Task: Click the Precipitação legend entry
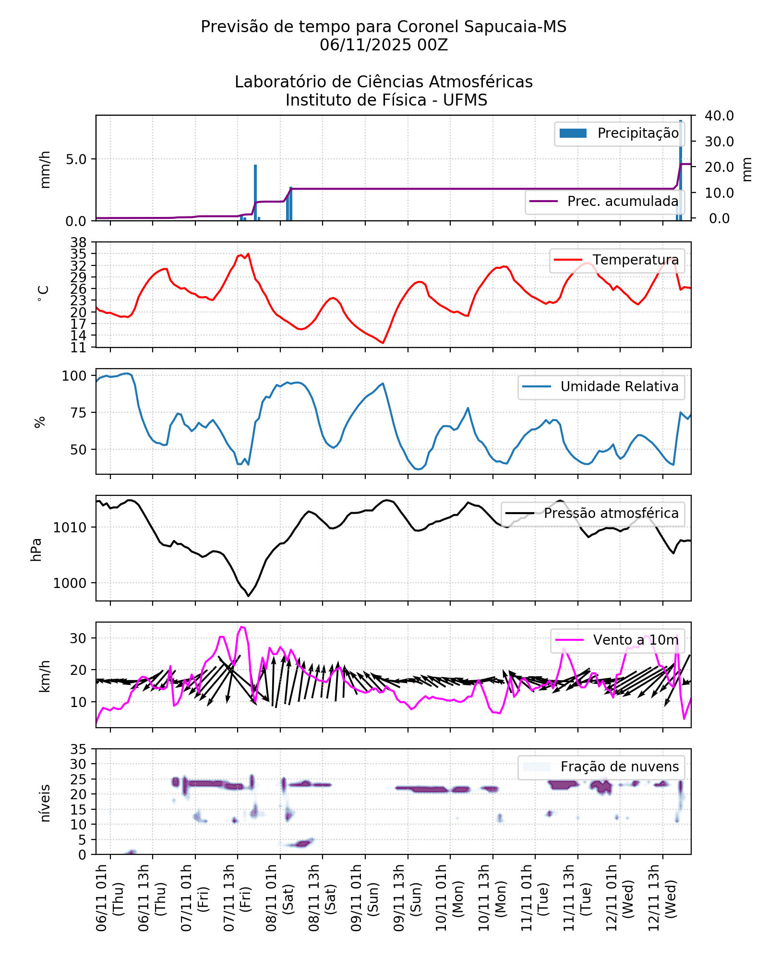(619, 133)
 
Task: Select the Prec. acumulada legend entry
(605, 202)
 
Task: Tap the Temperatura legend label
(617, 260)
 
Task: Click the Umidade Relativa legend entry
(601, 387)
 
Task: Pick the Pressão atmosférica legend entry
(592, 514)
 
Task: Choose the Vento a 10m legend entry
(617, 640)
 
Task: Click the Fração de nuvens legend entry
(601, 767)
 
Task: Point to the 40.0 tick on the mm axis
(719, 116)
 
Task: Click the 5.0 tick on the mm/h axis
(76, 159)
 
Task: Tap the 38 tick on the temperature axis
(79, 242)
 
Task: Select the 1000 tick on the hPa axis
(70, 583)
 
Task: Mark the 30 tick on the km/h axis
(78, 638)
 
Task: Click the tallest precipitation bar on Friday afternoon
(255, 192)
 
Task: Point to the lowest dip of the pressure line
(248, 596)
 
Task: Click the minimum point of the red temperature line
(383, 343)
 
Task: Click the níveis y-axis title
(45, 803)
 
